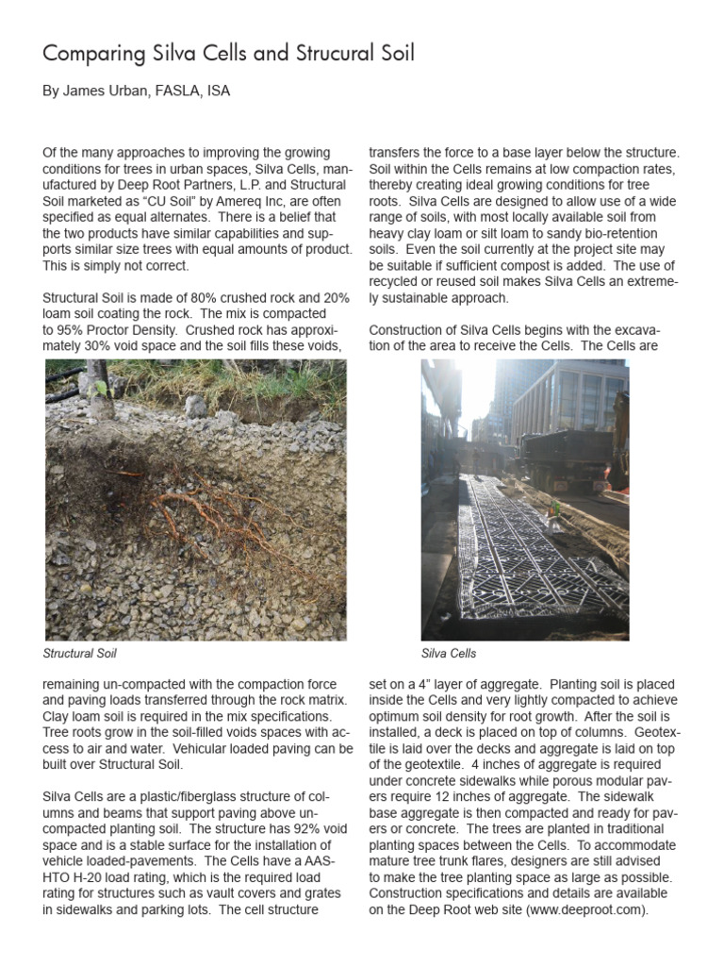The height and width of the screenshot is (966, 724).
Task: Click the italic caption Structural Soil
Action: (81, 653)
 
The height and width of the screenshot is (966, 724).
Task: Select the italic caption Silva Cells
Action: (449, 653)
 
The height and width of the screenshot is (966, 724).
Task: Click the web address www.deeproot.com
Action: (585, 910)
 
